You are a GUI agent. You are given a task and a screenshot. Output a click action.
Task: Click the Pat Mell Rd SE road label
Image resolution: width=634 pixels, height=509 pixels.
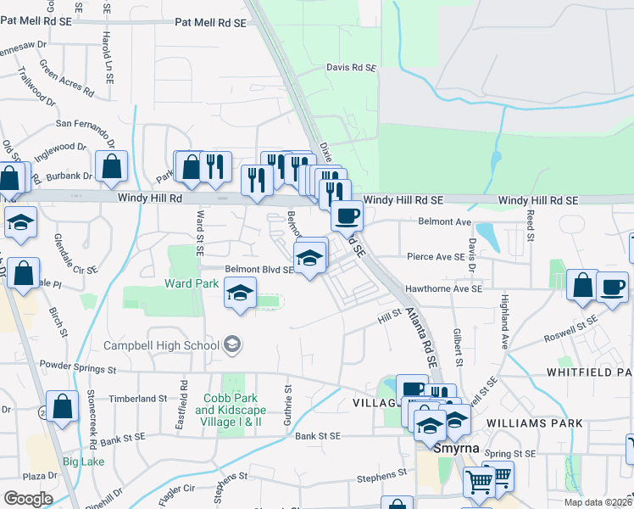210,23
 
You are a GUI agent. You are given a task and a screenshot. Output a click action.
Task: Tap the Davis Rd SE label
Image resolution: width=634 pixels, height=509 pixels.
350,66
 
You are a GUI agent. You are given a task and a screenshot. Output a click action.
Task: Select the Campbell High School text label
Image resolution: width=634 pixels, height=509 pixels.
162,345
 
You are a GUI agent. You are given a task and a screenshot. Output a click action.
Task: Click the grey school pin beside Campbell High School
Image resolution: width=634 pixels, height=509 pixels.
232,344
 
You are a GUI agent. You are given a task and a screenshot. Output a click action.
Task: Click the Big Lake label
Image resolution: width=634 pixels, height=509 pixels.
83,462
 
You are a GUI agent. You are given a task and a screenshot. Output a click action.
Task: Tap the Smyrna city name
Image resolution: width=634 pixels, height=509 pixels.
457,448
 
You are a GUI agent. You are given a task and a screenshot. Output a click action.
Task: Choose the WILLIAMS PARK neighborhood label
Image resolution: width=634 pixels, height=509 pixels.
535,422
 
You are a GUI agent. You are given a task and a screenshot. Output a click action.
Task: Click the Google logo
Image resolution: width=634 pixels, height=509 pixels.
28,499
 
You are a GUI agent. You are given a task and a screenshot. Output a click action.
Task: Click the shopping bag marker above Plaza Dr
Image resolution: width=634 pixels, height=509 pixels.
62,406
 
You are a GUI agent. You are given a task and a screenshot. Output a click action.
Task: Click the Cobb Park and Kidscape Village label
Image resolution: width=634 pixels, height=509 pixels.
229,410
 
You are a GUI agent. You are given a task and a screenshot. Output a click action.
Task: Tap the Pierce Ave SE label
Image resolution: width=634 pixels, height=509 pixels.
436,256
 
